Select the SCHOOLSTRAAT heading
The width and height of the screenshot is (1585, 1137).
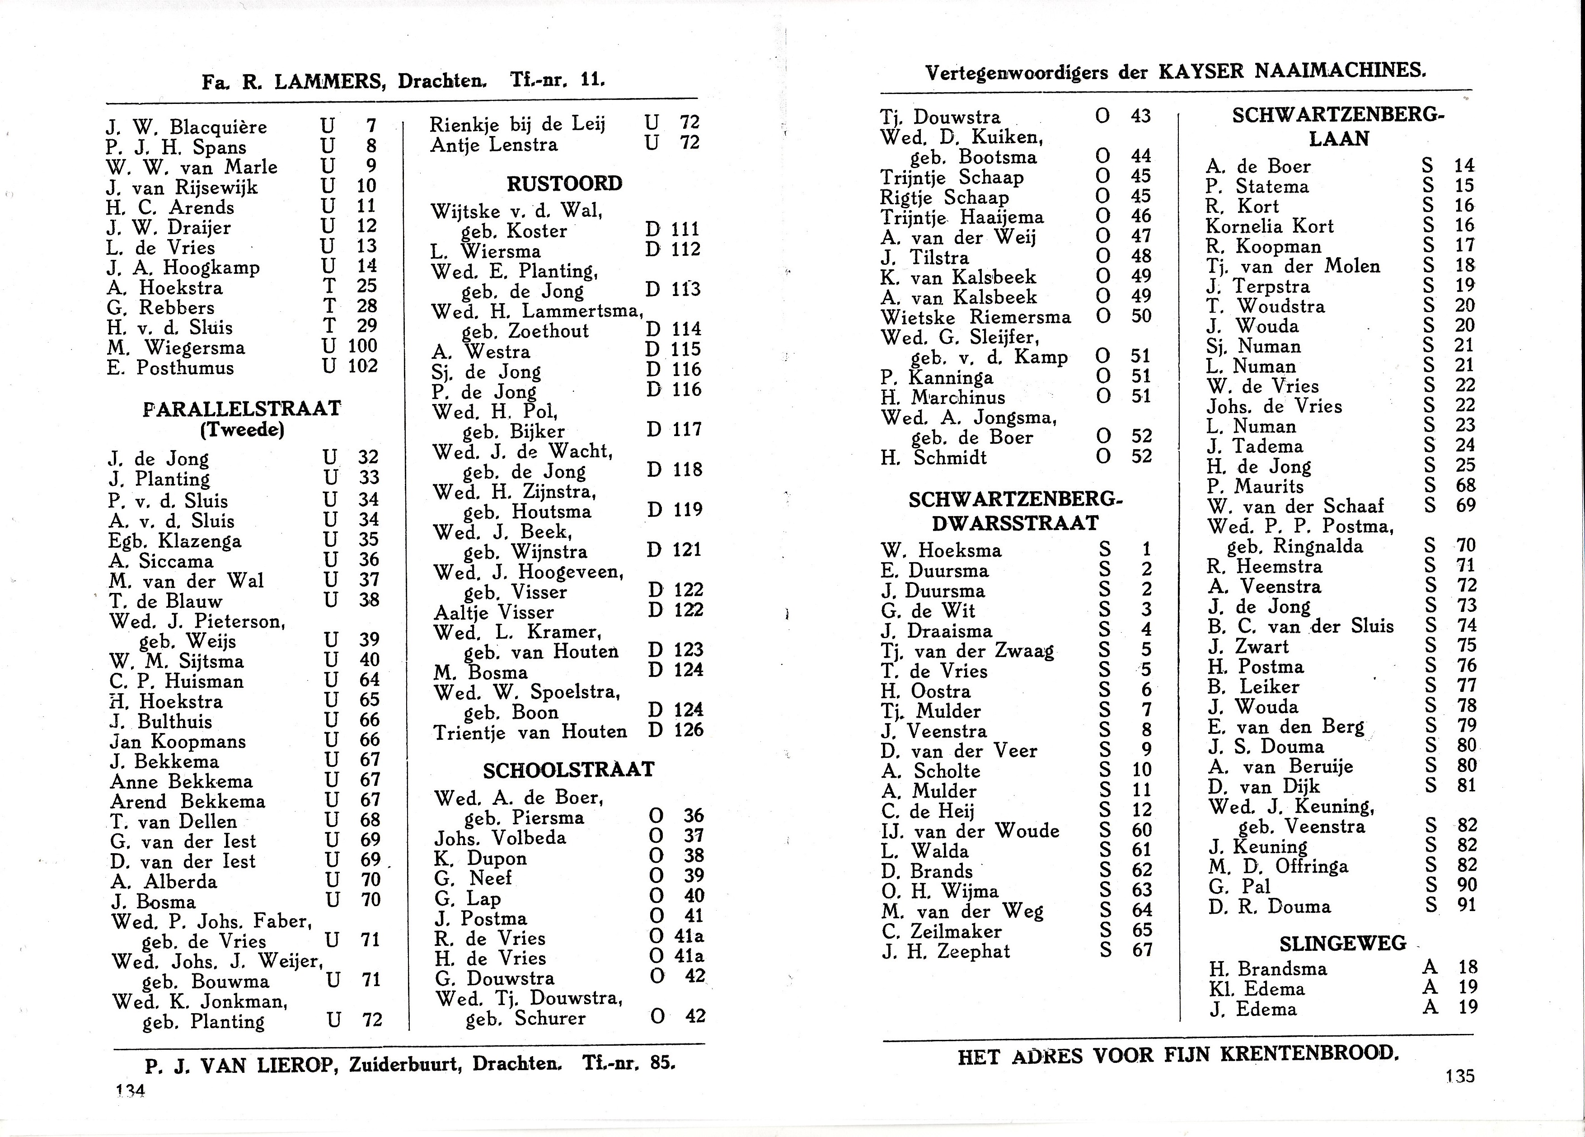click(568, 770)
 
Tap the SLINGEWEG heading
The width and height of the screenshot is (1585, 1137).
click(1342, 944)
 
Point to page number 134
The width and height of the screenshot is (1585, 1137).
click(130, 1091)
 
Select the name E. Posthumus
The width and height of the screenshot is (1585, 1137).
click(170, 367)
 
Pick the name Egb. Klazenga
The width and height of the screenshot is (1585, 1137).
click(175, 541)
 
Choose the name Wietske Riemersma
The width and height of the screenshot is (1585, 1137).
click(975, 317)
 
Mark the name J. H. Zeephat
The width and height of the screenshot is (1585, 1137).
click(946, 950)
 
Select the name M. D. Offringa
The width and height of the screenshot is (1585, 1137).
click(1278, 866)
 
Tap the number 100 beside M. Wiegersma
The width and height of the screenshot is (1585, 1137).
click(362, 346)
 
